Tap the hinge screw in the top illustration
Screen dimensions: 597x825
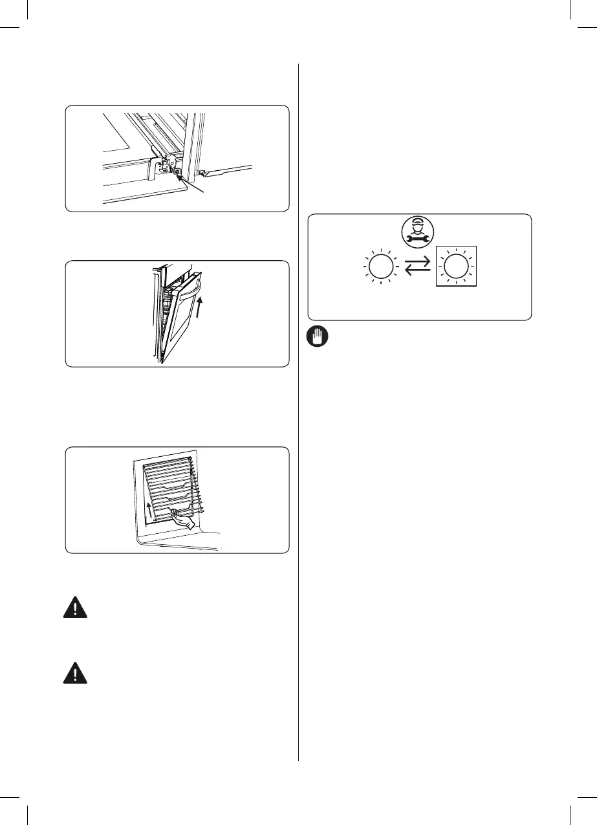point(177,172)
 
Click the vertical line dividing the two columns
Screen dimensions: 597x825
point(298,414)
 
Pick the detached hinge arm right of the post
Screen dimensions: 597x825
point(226,171)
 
